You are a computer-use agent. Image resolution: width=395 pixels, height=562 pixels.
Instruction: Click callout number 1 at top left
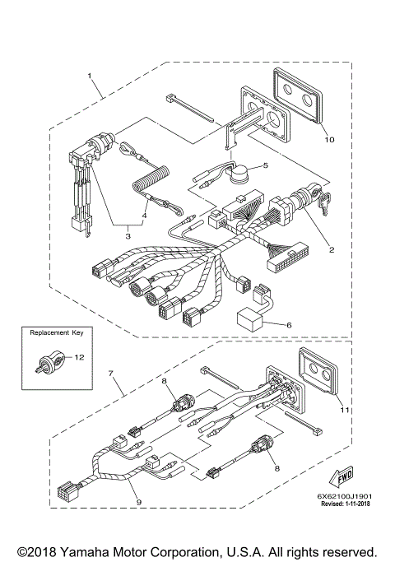[90, 76]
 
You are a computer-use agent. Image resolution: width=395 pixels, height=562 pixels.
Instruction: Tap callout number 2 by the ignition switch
[332, 249]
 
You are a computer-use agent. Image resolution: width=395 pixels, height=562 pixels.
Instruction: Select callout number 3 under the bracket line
[128, 236]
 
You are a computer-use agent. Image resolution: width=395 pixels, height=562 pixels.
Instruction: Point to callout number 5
[265, 165]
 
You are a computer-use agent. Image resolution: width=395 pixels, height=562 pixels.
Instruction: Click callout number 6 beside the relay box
[289, 325]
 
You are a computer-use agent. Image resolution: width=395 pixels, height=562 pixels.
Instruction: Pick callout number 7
[111, 374]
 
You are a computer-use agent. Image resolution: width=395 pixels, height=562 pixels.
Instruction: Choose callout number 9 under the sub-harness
[139, 502]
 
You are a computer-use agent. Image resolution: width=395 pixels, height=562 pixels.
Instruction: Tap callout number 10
[329, 139]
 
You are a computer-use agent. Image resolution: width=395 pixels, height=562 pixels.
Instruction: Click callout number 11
[345, 410]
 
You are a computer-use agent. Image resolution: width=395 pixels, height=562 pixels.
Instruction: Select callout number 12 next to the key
[79, 357]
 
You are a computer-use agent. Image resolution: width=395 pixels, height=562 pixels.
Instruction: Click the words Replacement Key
[57, 332]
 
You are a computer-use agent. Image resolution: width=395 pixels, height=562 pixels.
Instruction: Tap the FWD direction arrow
[341, 476]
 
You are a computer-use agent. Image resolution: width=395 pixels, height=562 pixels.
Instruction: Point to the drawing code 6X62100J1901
[345, 497]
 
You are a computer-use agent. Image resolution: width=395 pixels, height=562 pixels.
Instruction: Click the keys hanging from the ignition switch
[325, 202]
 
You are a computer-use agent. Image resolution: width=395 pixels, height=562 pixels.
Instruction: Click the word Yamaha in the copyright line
[81, 552]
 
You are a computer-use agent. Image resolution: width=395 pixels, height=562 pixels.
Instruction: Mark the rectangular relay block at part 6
[249, 319]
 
